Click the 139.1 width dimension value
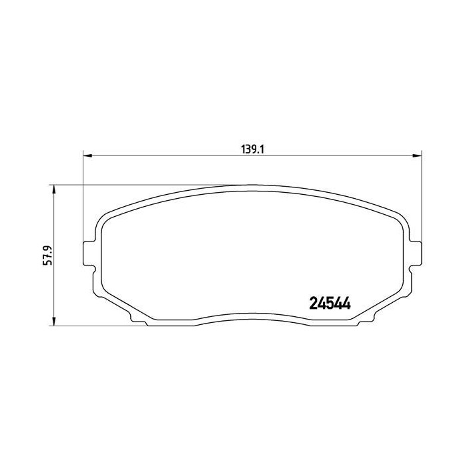[253, 149]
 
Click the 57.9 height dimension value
[47, 256]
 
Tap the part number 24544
[330, 304]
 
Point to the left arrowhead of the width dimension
[87, 155]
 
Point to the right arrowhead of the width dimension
[417, 155]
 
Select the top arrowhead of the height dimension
[54, 189]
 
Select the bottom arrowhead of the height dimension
[54, 321]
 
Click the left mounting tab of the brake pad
[89, 253]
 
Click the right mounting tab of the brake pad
[416, 253]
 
